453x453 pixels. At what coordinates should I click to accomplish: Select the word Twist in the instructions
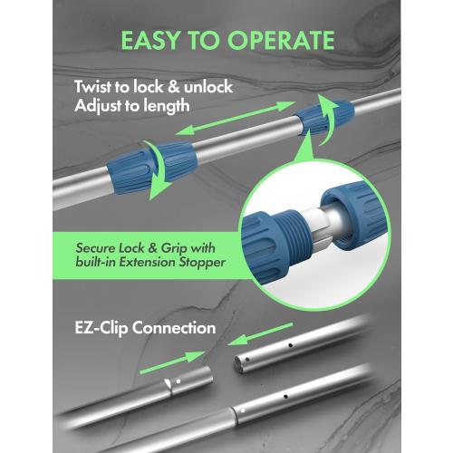pyautogui.click(x=97, y=89)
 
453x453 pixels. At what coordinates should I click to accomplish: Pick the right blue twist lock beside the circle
pyautogui.click(x=322, y=119)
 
